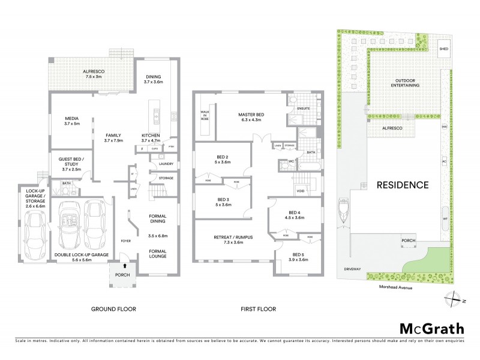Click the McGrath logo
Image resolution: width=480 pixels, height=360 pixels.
431,328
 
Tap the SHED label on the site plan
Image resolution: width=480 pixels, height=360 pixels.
443,49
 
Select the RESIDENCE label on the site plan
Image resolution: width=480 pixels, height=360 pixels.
402,185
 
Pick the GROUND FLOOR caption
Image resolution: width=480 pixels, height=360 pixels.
113,309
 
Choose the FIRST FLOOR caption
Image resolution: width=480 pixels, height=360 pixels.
258,309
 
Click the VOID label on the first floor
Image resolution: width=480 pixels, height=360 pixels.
301,191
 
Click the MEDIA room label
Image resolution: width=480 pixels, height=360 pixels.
72,121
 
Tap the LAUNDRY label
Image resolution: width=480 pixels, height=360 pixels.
166,164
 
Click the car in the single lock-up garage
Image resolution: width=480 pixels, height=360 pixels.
35,233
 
